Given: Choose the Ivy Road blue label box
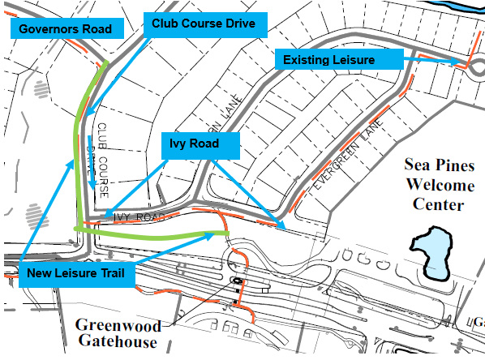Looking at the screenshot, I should point(201,147).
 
